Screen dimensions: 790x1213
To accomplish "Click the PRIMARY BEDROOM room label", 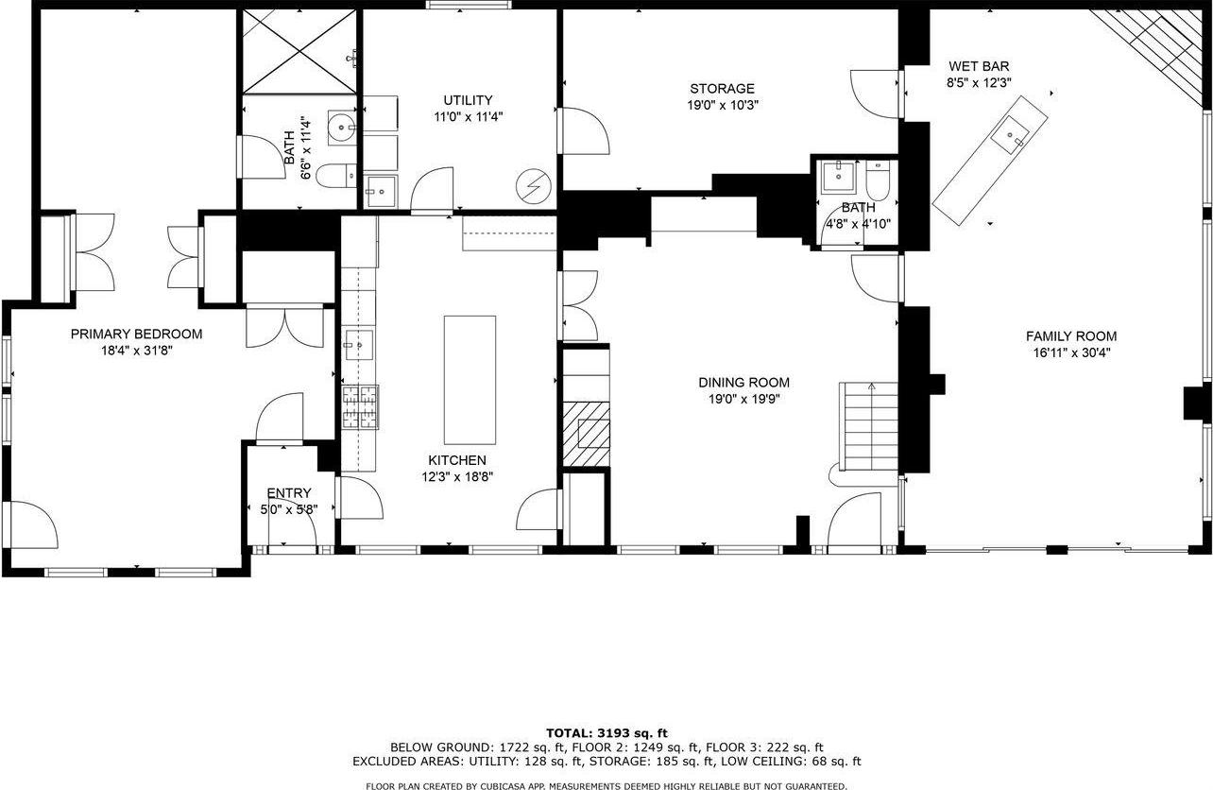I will tap(136, 334).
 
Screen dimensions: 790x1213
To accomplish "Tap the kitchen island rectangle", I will tap(470, 380).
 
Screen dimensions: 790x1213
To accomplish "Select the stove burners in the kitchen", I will tap(359, 408).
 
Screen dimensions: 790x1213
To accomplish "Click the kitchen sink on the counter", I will tap(359, 345).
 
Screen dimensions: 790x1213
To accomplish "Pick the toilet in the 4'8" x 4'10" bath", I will tap(878, 179).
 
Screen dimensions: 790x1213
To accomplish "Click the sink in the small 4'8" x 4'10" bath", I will tap(836, 176).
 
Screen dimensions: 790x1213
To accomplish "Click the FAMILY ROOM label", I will tap(1071, 335).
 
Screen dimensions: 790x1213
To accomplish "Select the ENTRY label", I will tap(288, 492).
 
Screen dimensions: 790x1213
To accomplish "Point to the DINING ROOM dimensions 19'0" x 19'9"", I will tap(743, 399).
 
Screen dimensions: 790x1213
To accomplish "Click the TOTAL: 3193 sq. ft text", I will tap(606, 732).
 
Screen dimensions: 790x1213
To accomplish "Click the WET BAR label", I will tap(979, 66).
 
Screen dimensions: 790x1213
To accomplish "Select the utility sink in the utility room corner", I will tap(381, 192).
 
